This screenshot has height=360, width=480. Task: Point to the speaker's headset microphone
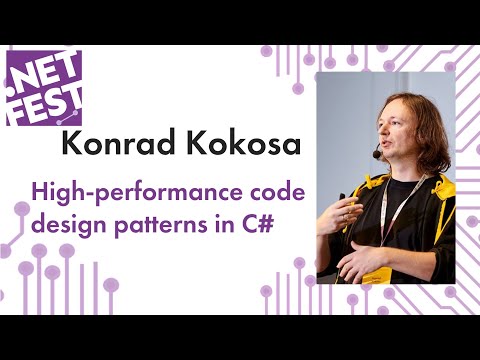click(x=377, y=155)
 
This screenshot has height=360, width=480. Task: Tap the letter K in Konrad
click(x=71, y=144)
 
